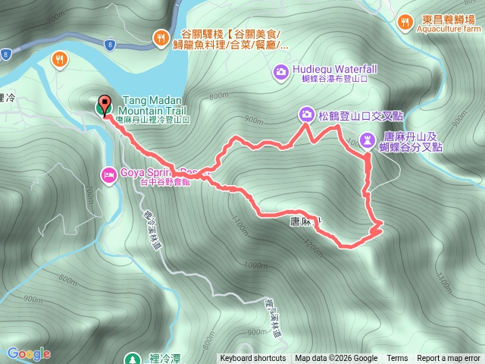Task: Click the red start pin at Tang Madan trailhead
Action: pos(105,105)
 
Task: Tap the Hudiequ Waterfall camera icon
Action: pos(280,72)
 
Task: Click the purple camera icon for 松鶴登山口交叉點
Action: pos(305,115)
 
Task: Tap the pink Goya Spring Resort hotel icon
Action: pos(108,174)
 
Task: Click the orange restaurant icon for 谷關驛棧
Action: pos(161,37)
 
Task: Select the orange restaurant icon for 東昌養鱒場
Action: pos(405,23)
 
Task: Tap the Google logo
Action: pos(29,353)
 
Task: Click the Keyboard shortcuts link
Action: pos(253,359)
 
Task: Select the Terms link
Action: pos(397,359)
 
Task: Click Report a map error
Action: pos(449,359)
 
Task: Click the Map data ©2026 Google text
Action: pos(336,359)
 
